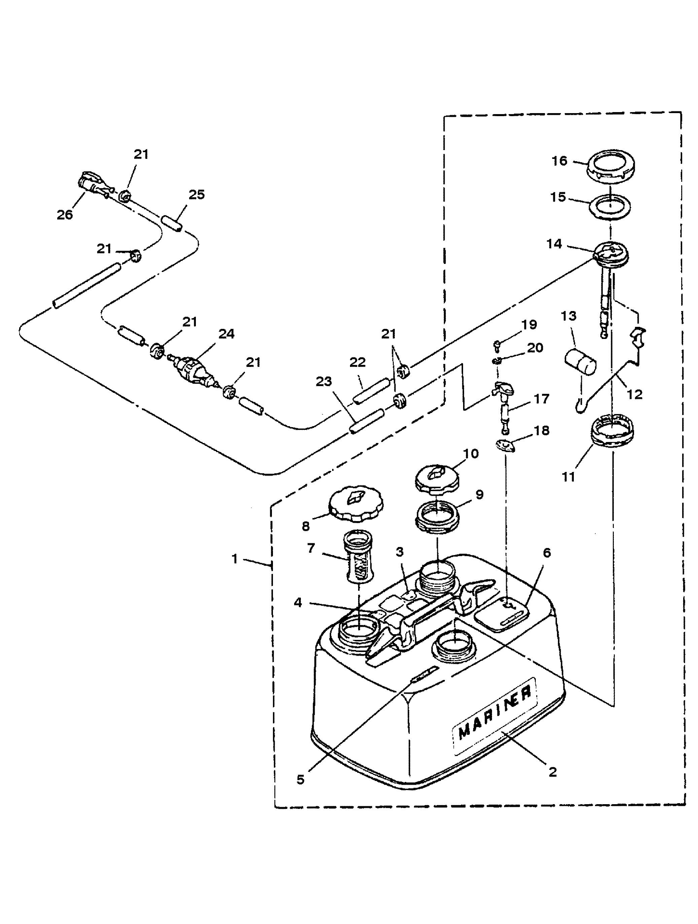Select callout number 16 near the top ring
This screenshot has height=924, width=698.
pos(560,161)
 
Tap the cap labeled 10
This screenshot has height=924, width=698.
pos(438,477)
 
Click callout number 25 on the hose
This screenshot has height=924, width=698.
pos(197,195)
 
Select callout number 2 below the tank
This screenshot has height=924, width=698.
pos(552,772)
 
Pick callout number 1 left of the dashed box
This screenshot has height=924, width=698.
pos(235,559)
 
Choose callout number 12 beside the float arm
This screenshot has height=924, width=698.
pos(634,394)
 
